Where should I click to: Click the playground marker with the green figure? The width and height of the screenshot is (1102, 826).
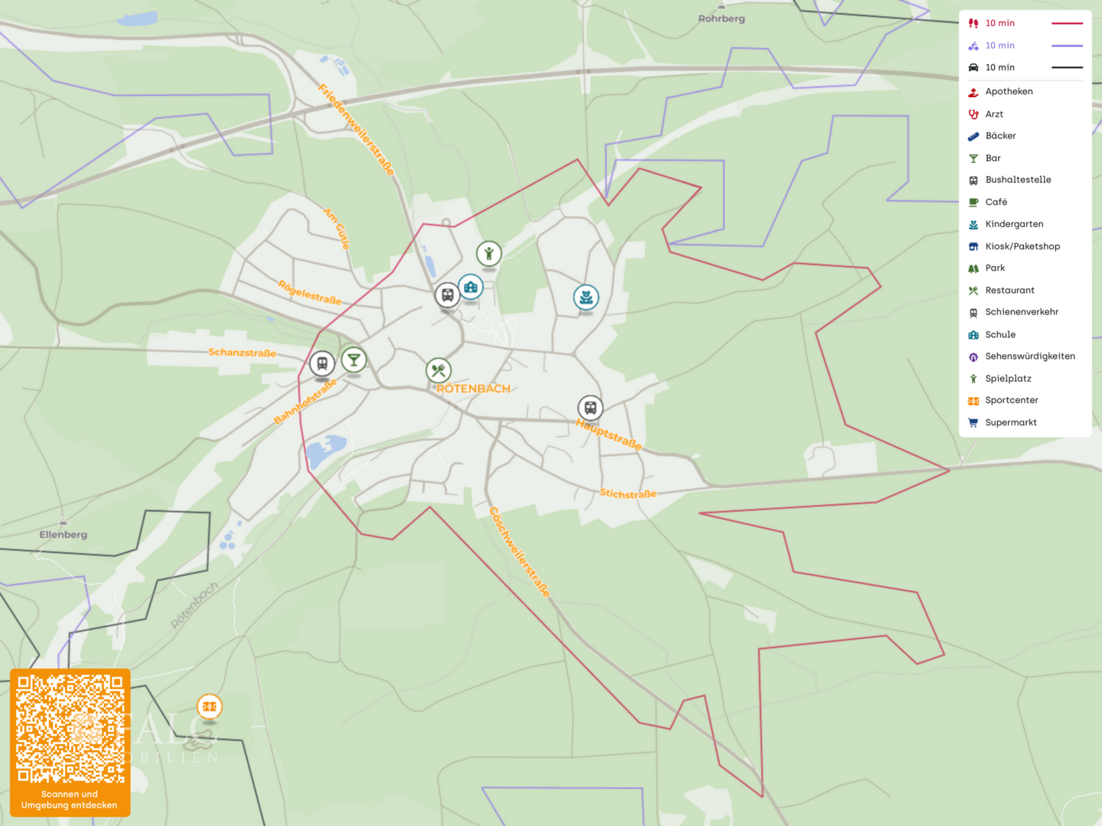pyautogui.click(x=489, y=253)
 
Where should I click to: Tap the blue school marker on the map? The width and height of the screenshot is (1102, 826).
pyautogui.click(x=471, y=288)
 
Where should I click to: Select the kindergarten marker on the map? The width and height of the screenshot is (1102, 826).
pyautogui.click(x=586, y=298)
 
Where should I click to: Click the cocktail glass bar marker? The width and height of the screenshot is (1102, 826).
pyautogui.click(x=354, y=359)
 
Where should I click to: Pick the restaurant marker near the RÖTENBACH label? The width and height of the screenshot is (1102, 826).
pyautogui.click(x=439, y=371)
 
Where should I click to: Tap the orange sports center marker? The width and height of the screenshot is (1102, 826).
pyautogui.click(x=210, y=707)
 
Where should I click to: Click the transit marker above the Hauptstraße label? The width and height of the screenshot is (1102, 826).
pyautogui.click(x=590, y=408)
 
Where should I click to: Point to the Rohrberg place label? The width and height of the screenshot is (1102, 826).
pyautogui.click(x=721, y=18)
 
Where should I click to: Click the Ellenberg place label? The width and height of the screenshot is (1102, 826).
pyautogui.click(x=64, y=535)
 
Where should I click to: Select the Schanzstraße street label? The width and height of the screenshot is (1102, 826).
pyautogui.click(x=242, y=353)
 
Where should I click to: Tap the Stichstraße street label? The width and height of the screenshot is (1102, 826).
pyautogui.click(x=628, y=494)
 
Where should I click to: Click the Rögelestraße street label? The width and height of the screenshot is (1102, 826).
pyautogui.click(x=309, y=293)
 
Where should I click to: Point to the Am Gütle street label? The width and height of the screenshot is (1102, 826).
pyautogui.click(x=337, y=228)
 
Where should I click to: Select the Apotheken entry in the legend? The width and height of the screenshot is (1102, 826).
pyautogui.click(x=1009, y=92)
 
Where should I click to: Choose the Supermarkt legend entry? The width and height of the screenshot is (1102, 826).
pyautogui.click(x=1011, y=423)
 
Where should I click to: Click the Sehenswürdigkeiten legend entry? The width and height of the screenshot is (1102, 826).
pyautogui.click(x=1030, y=356)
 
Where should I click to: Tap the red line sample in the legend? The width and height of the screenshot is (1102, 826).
pyautogui.click(x=1067, y=24)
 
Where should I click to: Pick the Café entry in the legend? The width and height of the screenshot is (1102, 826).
pyautogui.click(x=996, y=203)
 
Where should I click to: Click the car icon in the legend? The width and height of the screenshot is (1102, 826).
pyautogui.click(x=973, y=68)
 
